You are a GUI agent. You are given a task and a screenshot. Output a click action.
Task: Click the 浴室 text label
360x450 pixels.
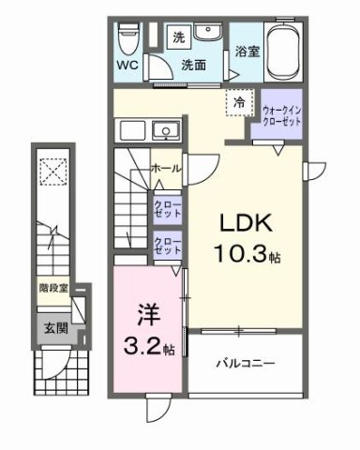tap(247, 53)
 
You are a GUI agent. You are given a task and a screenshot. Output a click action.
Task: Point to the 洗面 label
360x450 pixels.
tap(193, 67)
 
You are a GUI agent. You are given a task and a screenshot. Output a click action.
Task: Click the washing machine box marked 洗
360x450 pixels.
tap(178, 38)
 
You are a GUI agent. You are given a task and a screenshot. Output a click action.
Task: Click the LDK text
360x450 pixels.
tap(246, 225)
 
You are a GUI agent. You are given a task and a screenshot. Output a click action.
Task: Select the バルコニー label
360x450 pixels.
tap(247, 361)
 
